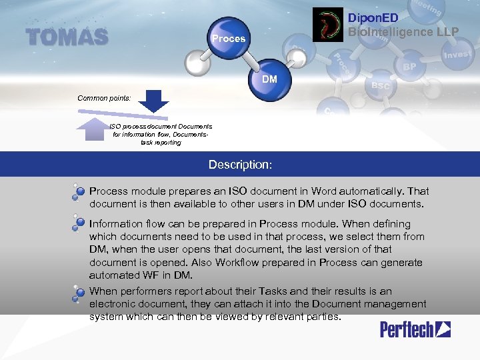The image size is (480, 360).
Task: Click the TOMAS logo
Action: click(x=67, y=37)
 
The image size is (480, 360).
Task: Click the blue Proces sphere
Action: click(x=229, y=38)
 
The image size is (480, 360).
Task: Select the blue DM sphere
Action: click(x=270, y=79)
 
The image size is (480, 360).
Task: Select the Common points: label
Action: click(x=104, y=98)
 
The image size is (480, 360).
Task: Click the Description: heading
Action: click(x=240, y=164)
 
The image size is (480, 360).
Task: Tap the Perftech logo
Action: click(x=415, y=329)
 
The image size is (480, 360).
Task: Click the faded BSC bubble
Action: click(x=380, y=86)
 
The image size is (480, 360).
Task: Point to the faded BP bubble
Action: click(x=409, y=67)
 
